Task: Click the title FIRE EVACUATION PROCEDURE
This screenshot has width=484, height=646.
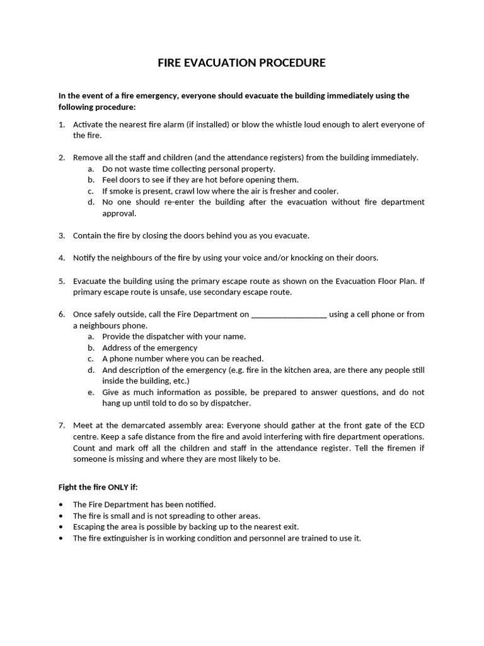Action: point(241,62)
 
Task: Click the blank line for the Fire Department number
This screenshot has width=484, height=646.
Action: point(289,314)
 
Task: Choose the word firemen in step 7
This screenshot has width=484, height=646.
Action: point(403,448)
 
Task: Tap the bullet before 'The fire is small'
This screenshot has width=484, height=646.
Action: point(60,516)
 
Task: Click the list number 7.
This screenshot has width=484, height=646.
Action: point(62,425)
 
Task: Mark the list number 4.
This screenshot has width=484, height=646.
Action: point(62,257)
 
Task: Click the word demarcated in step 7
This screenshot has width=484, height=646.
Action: point(139,425)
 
